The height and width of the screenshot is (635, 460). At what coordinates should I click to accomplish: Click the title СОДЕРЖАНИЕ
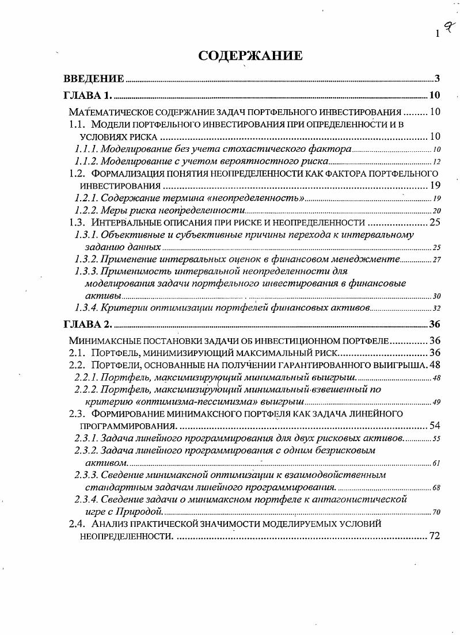pos(250,56)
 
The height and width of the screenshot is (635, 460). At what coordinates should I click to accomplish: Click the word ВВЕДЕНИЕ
pos(94,78)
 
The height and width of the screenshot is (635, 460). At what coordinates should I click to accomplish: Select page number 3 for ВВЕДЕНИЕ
pos(438,78)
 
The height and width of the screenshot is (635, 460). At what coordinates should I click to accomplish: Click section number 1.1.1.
pos(86,149)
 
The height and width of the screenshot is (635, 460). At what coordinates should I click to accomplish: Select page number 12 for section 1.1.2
pos(436,162)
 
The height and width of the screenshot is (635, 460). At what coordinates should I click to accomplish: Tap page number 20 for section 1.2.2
pos(436,211)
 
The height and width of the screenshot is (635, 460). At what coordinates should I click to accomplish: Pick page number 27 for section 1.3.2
pos(436,259)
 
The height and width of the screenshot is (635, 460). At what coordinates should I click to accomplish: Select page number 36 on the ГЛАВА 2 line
pos(435,324)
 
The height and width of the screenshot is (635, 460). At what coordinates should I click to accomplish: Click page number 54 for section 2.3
pos(435,426)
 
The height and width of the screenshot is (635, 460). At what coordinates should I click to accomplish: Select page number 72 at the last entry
pos(434,535)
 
